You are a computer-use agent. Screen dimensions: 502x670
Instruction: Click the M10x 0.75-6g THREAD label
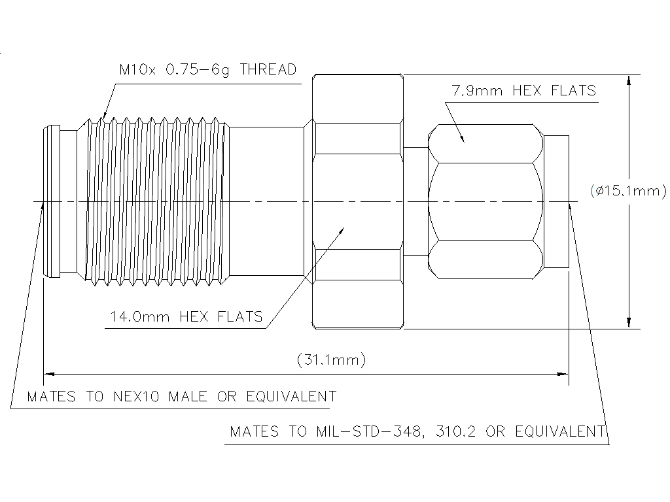click(x=207, y=70)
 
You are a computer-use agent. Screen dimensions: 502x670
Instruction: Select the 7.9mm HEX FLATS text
click(x=523, y=90)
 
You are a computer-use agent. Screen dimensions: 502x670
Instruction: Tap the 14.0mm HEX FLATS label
click(x=186, y=317)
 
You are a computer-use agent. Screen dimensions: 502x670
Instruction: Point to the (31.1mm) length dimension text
click(x=331, y=359)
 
